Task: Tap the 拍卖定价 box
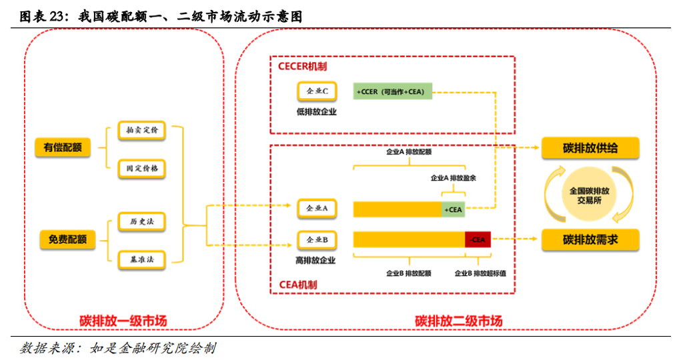click(x=141, y=131)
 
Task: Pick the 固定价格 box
click(x=141, y=169)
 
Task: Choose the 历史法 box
click(x=141, y=221)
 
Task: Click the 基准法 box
click(x=141, y=259)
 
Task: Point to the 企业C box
click(x=317, y=91)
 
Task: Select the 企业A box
click(x=317, y=209)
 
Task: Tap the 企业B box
click(x=317, y=239)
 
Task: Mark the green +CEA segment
click(x=453, y=209)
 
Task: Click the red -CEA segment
click(x=478, y=239)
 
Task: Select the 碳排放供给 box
click(x=590, y=148)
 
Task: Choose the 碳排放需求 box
click(x=590, y=239)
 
